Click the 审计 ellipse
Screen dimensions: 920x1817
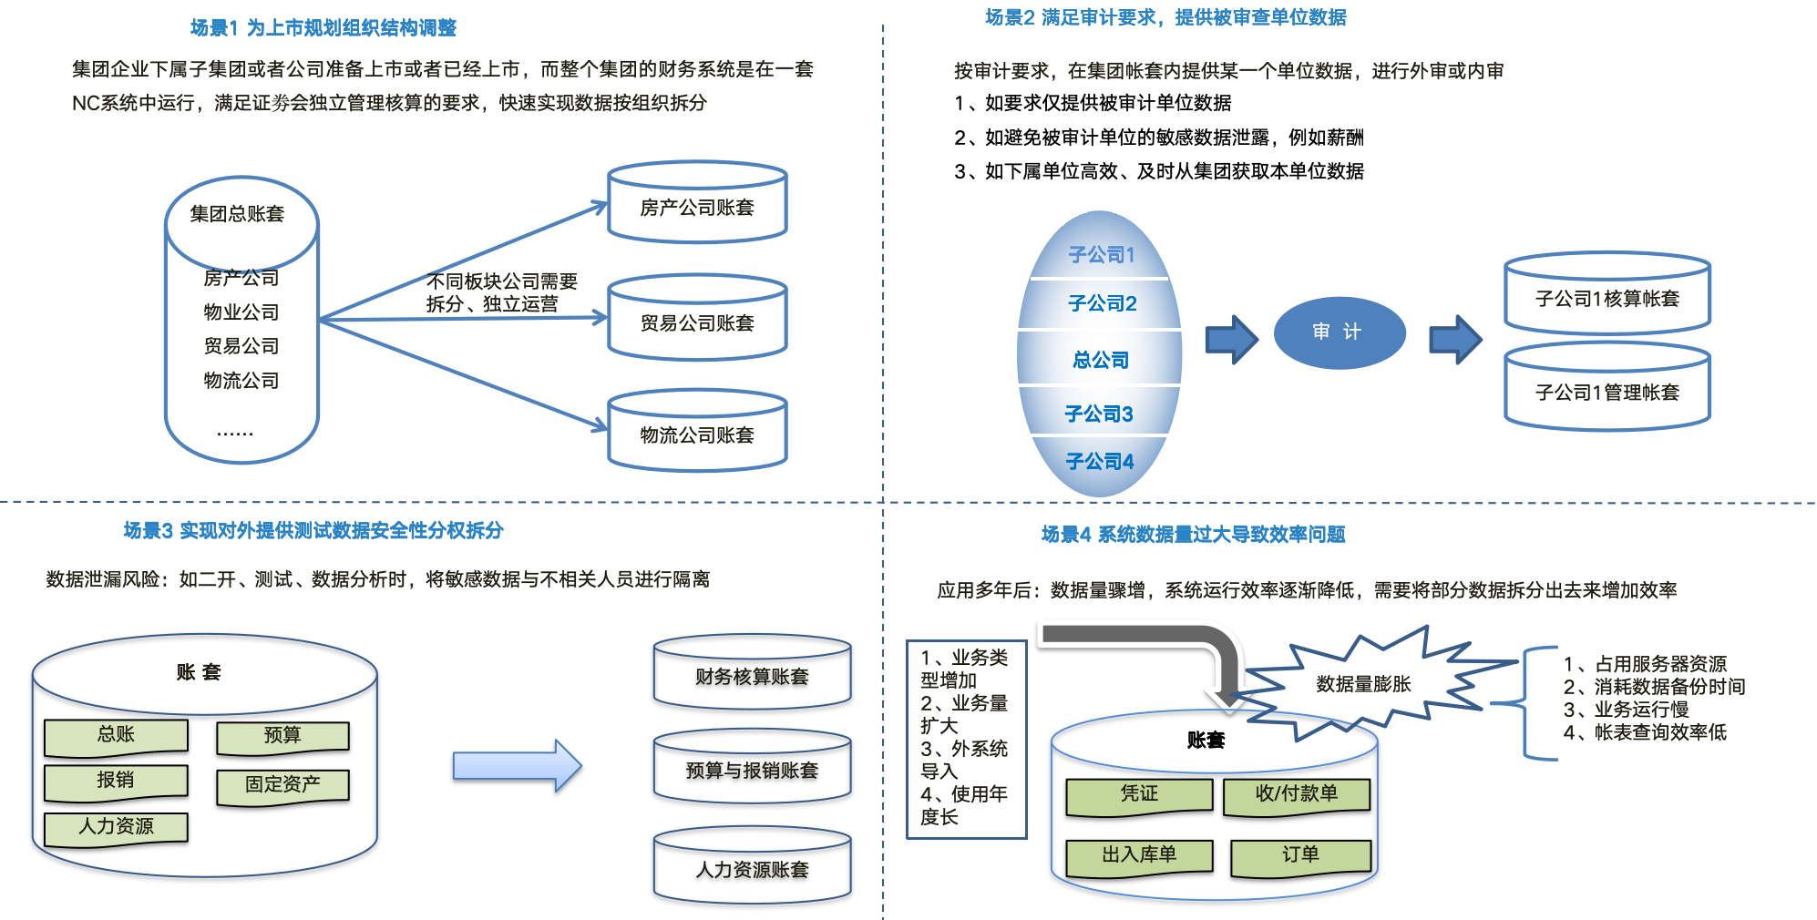pyautogui.click(x=1339, y=332)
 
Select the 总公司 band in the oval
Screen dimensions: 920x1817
pyautogui.click(x=1100, y=359)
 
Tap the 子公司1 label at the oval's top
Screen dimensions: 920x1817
pyautogui.click(x=1101, y=254)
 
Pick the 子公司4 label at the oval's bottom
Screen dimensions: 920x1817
pyautogui.click(x=1100, y=462)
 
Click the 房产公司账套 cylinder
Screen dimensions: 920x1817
pyautogui.click(x=697, y=206)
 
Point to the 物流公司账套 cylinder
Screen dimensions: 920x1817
pyautogui.click(x=697, y=434)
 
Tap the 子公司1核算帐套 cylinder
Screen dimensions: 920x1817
pyautogui.click(x=1607, y=297)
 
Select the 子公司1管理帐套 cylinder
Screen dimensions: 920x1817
pyautogui.click(x=1607, y=391)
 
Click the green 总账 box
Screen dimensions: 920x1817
pyautogui.click(x=116, y=736)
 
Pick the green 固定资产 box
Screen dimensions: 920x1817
pyautogui.click(x=282, y=785)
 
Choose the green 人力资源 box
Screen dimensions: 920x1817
pyautogui.click(x=116, y=827)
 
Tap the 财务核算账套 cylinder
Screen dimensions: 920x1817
pyautogui.click(x=752, y=676)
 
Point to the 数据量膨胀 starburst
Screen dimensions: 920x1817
pyautogui.click(x=1363, y=684)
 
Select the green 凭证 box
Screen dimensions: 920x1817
pyautogui.click(x=1139, y=795)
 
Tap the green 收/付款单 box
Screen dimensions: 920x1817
pyautogui.click(x=1296, y=795)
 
